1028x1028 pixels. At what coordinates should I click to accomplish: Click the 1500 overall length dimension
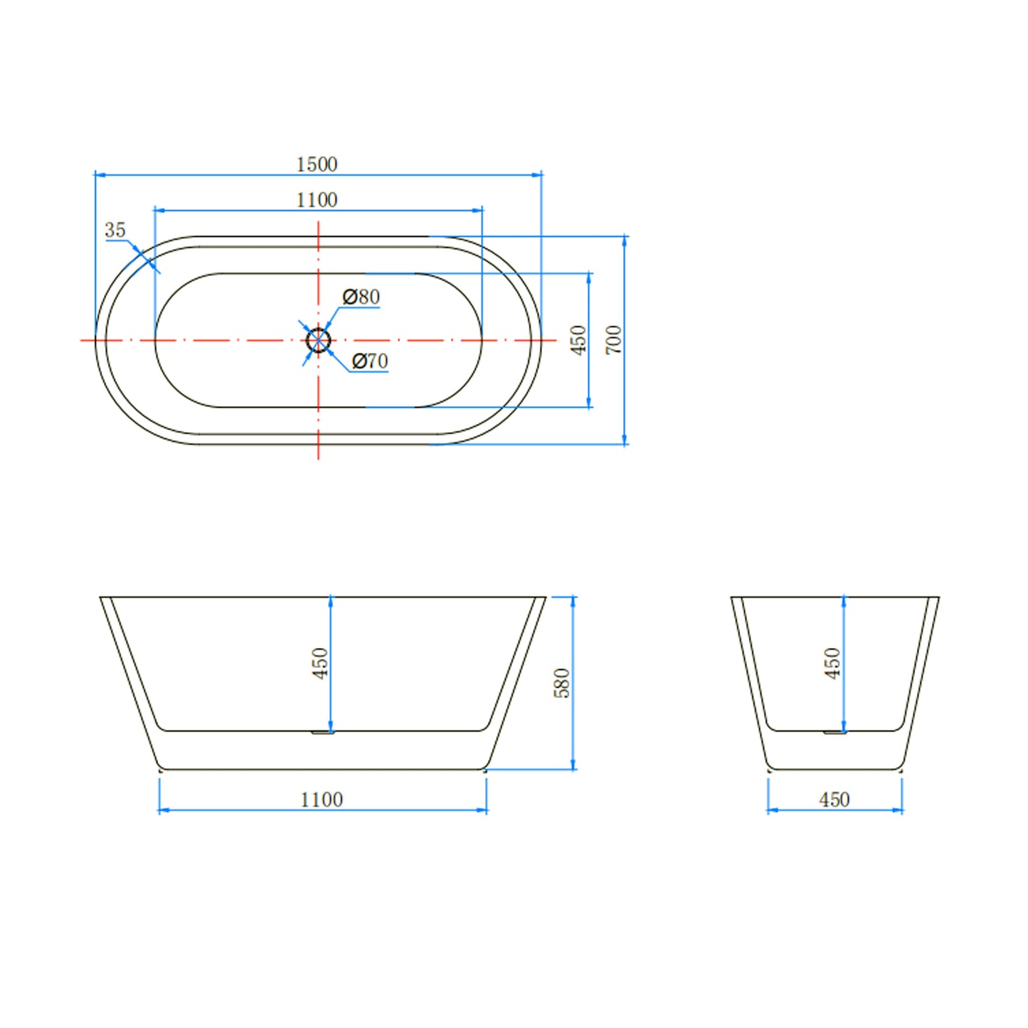click(317, 164)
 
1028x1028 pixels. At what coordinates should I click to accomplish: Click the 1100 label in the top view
click(317, 200)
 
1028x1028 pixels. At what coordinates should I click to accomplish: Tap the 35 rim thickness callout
click(115, 230)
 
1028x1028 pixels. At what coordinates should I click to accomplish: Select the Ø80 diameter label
click(361, 297)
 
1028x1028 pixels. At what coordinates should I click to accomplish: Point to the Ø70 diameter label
click(370, 361)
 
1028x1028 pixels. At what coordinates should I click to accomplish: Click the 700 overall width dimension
click(614, 340)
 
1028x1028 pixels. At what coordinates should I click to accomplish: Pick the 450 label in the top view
click(578, 340)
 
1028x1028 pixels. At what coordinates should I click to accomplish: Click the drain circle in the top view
click(319, 340)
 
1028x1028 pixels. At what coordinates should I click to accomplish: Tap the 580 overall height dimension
click(562, 683)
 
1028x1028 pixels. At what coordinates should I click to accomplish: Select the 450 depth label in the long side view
click(320, 663)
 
